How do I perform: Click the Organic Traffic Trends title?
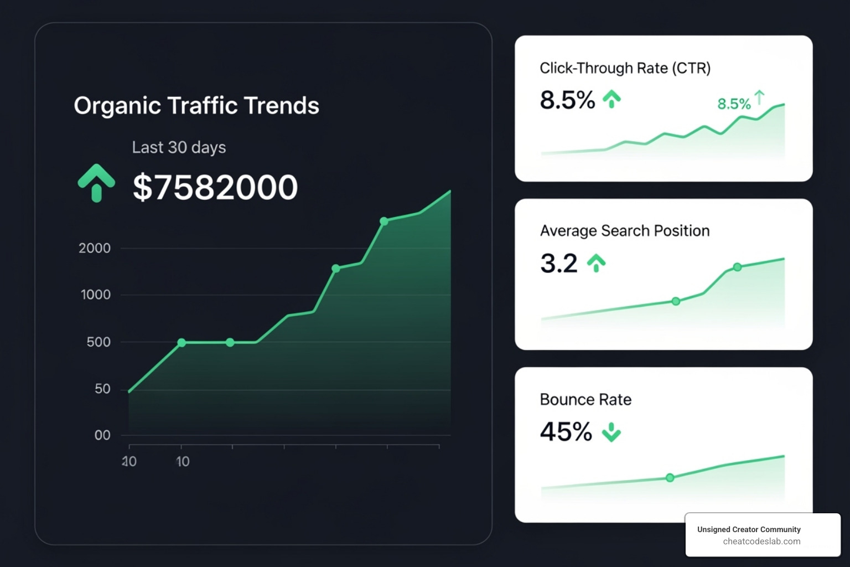(196, 105)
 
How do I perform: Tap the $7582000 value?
(215, 187)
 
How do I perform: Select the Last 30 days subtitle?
(179, 147)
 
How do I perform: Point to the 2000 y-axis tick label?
(95, 248)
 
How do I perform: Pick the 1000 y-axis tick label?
(96, 295)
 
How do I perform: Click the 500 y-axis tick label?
(99, 342)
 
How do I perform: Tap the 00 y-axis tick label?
(102, 435)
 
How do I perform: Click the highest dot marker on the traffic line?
(384, 221)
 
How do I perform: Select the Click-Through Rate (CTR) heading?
(625, 68)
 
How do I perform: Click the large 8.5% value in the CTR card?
(567, 100)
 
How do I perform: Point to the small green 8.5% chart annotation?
(734, 104)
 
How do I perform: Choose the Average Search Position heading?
(625, 231)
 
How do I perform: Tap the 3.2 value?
(558, 263)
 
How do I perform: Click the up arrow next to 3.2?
(596, 263)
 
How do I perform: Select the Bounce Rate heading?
(585, 400)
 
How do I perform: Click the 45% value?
(566, 432)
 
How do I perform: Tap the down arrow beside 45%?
(611, 432)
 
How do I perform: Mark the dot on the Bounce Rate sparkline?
(670, 478)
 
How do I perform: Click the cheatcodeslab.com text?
(761, 542)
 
